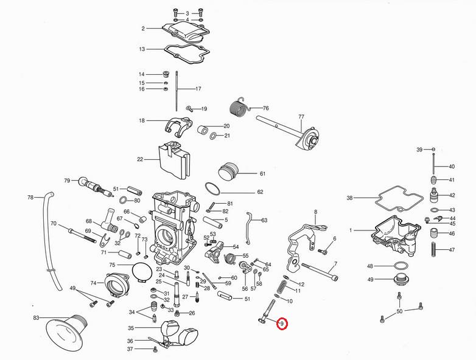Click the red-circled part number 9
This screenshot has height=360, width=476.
281,324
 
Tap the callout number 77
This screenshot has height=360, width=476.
301,116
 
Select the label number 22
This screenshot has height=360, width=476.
139,159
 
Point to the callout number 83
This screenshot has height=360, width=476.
36,318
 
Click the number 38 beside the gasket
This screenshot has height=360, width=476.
349,198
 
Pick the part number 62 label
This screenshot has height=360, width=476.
260,192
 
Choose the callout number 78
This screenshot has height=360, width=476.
30,198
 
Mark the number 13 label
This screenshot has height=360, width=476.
142,49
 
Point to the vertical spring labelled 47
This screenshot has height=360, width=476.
434,250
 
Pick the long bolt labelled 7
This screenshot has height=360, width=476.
318,271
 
